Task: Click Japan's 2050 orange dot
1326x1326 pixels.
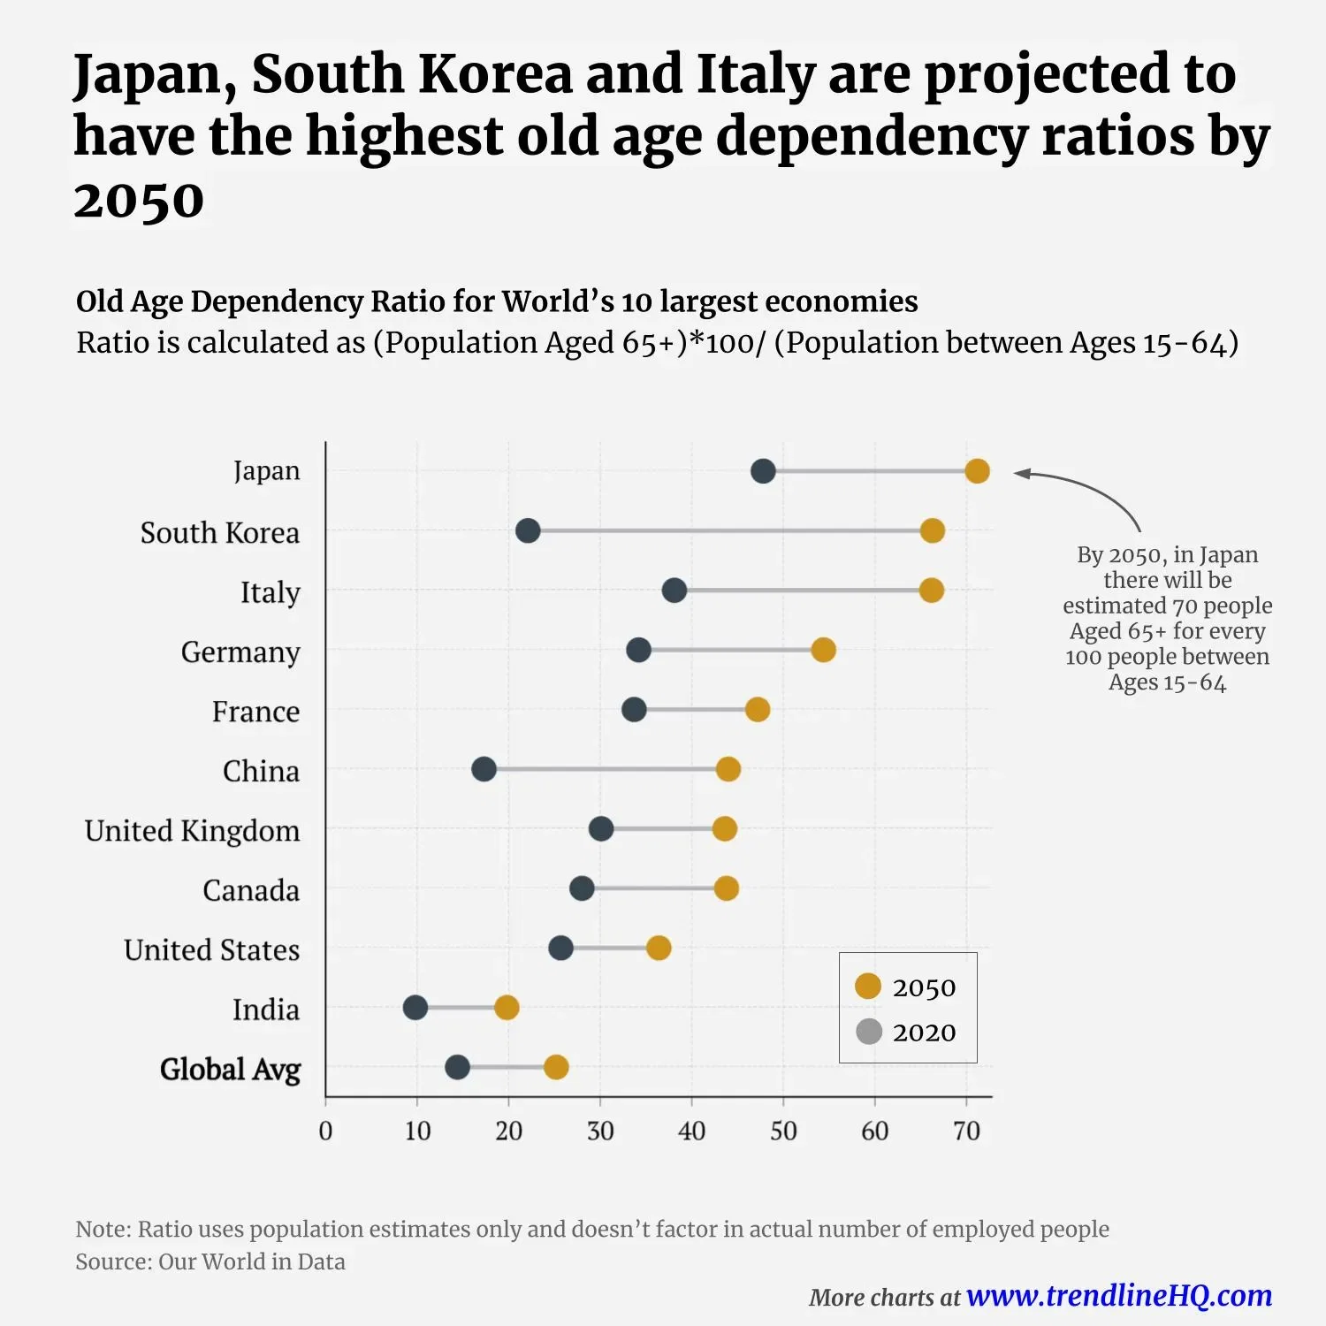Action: coord(977,471)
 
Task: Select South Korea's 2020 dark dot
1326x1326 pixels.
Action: coord(528,531)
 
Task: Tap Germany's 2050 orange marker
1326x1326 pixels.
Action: coord(823,651)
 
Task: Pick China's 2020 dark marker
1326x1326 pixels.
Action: coord(484,769)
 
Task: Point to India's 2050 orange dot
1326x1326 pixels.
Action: coord(507,1008)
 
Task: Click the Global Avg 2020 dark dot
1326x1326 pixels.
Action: coord(457,1067)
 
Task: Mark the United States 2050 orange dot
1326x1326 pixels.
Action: coord(659,949)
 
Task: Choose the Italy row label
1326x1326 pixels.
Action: coord(270,592)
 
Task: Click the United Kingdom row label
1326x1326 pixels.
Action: coord(192,831)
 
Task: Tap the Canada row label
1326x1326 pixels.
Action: coord(251,890)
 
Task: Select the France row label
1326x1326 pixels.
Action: coord(255,712)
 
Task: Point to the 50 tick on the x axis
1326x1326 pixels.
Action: coord(783,1131)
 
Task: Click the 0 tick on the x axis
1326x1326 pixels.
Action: coord(325,1131)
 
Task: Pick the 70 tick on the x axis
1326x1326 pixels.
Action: coord(966,1131)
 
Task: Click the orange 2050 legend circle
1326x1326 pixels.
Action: coord(868,987)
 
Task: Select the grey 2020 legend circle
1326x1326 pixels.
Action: coord(869,1032)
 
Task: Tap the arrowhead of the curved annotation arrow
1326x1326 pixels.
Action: coord(1019,474)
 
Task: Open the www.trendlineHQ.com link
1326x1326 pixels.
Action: coord(1119,1296)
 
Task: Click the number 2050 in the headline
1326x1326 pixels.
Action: coord(139,201)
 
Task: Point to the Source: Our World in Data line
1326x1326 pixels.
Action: coord(210,1261)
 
